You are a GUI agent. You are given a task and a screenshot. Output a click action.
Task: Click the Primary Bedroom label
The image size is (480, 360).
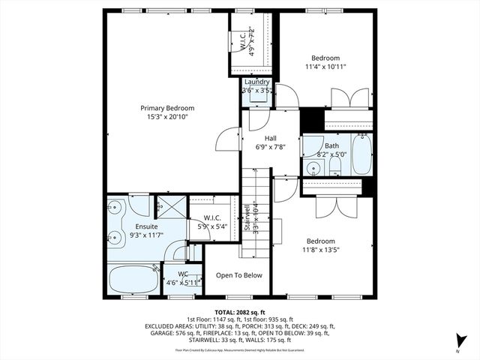click(x=167, y=108)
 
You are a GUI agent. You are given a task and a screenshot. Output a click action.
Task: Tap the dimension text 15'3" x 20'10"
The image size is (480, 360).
click(x=167, y=117)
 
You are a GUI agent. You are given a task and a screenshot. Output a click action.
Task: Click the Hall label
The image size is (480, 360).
click(x=271, y=138)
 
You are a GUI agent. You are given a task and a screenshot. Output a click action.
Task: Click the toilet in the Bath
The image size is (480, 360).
click(x=334, y=165)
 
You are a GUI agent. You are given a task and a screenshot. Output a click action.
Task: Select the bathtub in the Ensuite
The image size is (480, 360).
click(x=133, y=280)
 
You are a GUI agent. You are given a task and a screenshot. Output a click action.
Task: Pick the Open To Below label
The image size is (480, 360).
click(x=238, y=275)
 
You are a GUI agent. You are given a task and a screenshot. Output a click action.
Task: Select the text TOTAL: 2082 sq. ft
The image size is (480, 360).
click(x=239, y=311)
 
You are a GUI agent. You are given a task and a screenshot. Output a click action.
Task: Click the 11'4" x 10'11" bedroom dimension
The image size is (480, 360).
click(x=325, y=67)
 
